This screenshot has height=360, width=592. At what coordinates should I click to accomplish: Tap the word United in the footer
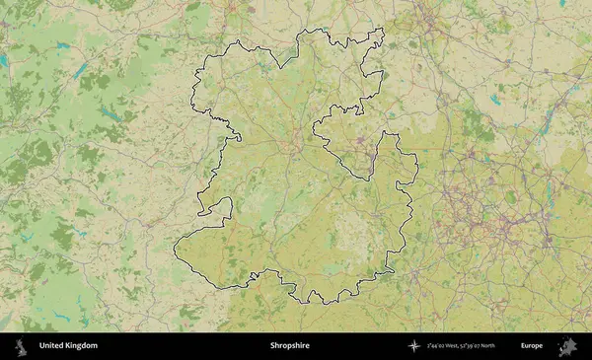[x=51, y=346]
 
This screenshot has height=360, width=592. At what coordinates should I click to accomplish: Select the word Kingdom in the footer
[x=81, y=346]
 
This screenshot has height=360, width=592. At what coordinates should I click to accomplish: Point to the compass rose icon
[x=414, y=346]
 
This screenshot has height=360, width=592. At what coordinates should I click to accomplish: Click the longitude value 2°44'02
[x=441, y=346]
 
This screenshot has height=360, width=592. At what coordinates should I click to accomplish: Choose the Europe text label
[x=532, y=346]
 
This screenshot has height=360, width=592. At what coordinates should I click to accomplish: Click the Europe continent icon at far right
[x=567, y=346]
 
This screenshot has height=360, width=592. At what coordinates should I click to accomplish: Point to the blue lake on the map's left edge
[x=3, y=61]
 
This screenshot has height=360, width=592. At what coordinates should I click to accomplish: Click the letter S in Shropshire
[x=272, y=346]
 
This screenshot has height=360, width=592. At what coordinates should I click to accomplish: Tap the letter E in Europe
[x=524, y=346]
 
